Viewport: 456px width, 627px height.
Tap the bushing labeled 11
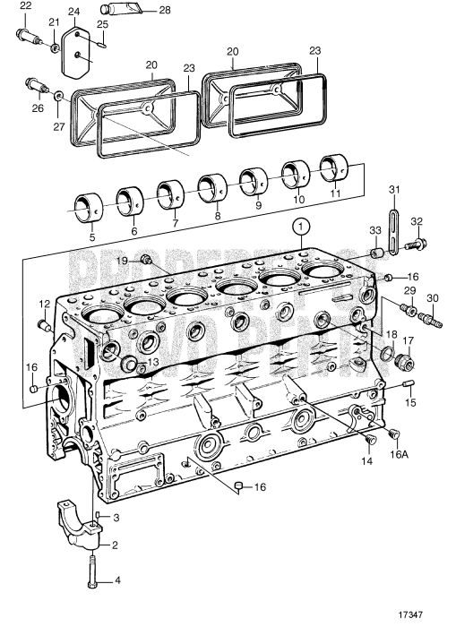tap(335, 166)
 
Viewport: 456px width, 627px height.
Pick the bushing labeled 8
tap(211, 185)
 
